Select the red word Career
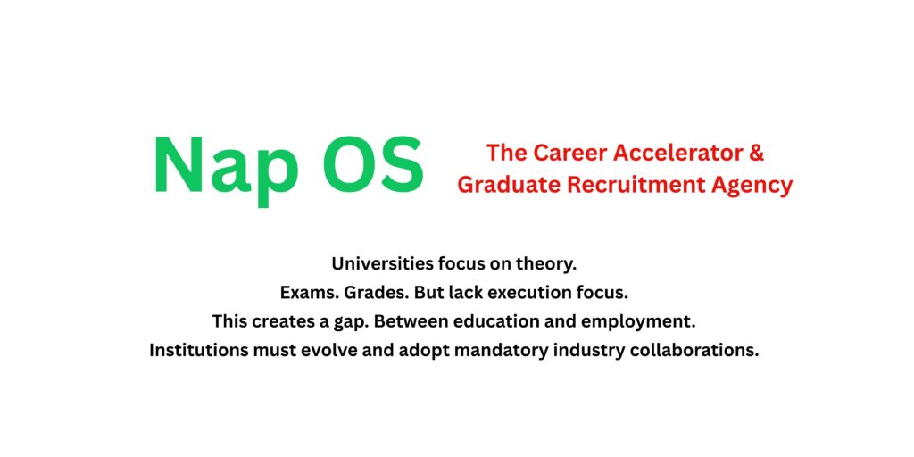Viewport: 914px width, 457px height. [567, 153]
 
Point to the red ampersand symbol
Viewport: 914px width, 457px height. [756, 153]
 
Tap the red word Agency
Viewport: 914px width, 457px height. [752, 185]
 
